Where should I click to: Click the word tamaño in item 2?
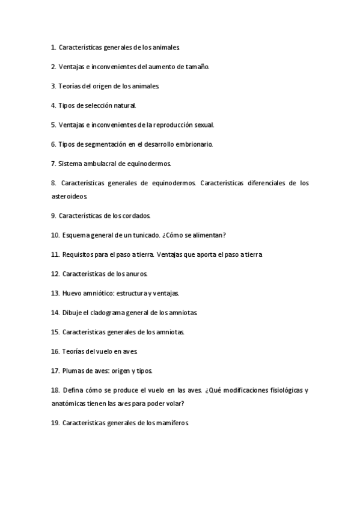coord(198,67)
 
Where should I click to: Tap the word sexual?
coord(203,125)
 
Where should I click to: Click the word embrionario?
coord(194,144)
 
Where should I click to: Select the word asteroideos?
coord(70,196)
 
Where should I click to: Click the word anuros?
coord(135,274)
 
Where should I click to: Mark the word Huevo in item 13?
coord(72,293)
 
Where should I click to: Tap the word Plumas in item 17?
coord(72,370)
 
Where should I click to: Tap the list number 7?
coord(53,164)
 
